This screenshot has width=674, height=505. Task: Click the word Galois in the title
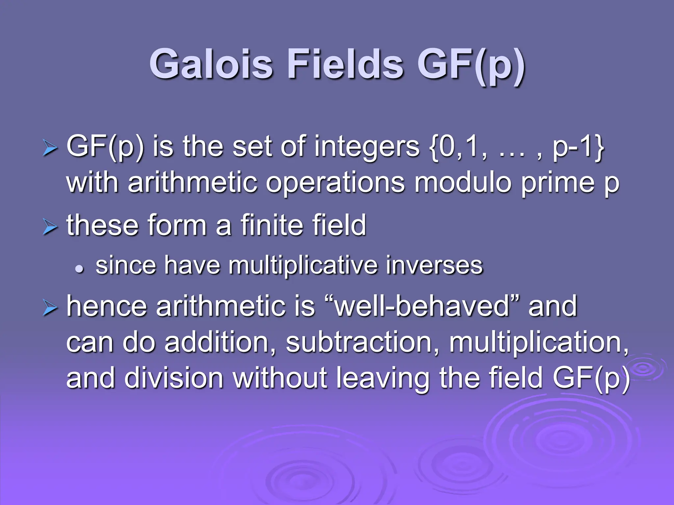pyautogui.click(x=211, y=64)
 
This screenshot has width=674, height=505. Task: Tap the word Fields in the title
pyautogui.click(x=345, y=64)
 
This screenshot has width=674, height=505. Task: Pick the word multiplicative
pyautogui.click(x=303, y=266)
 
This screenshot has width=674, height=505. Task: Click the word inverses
pyautogui.click(x=434, y=266)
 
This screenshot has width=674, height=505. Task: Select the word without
pyautogui.click(x=280, y=378)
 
